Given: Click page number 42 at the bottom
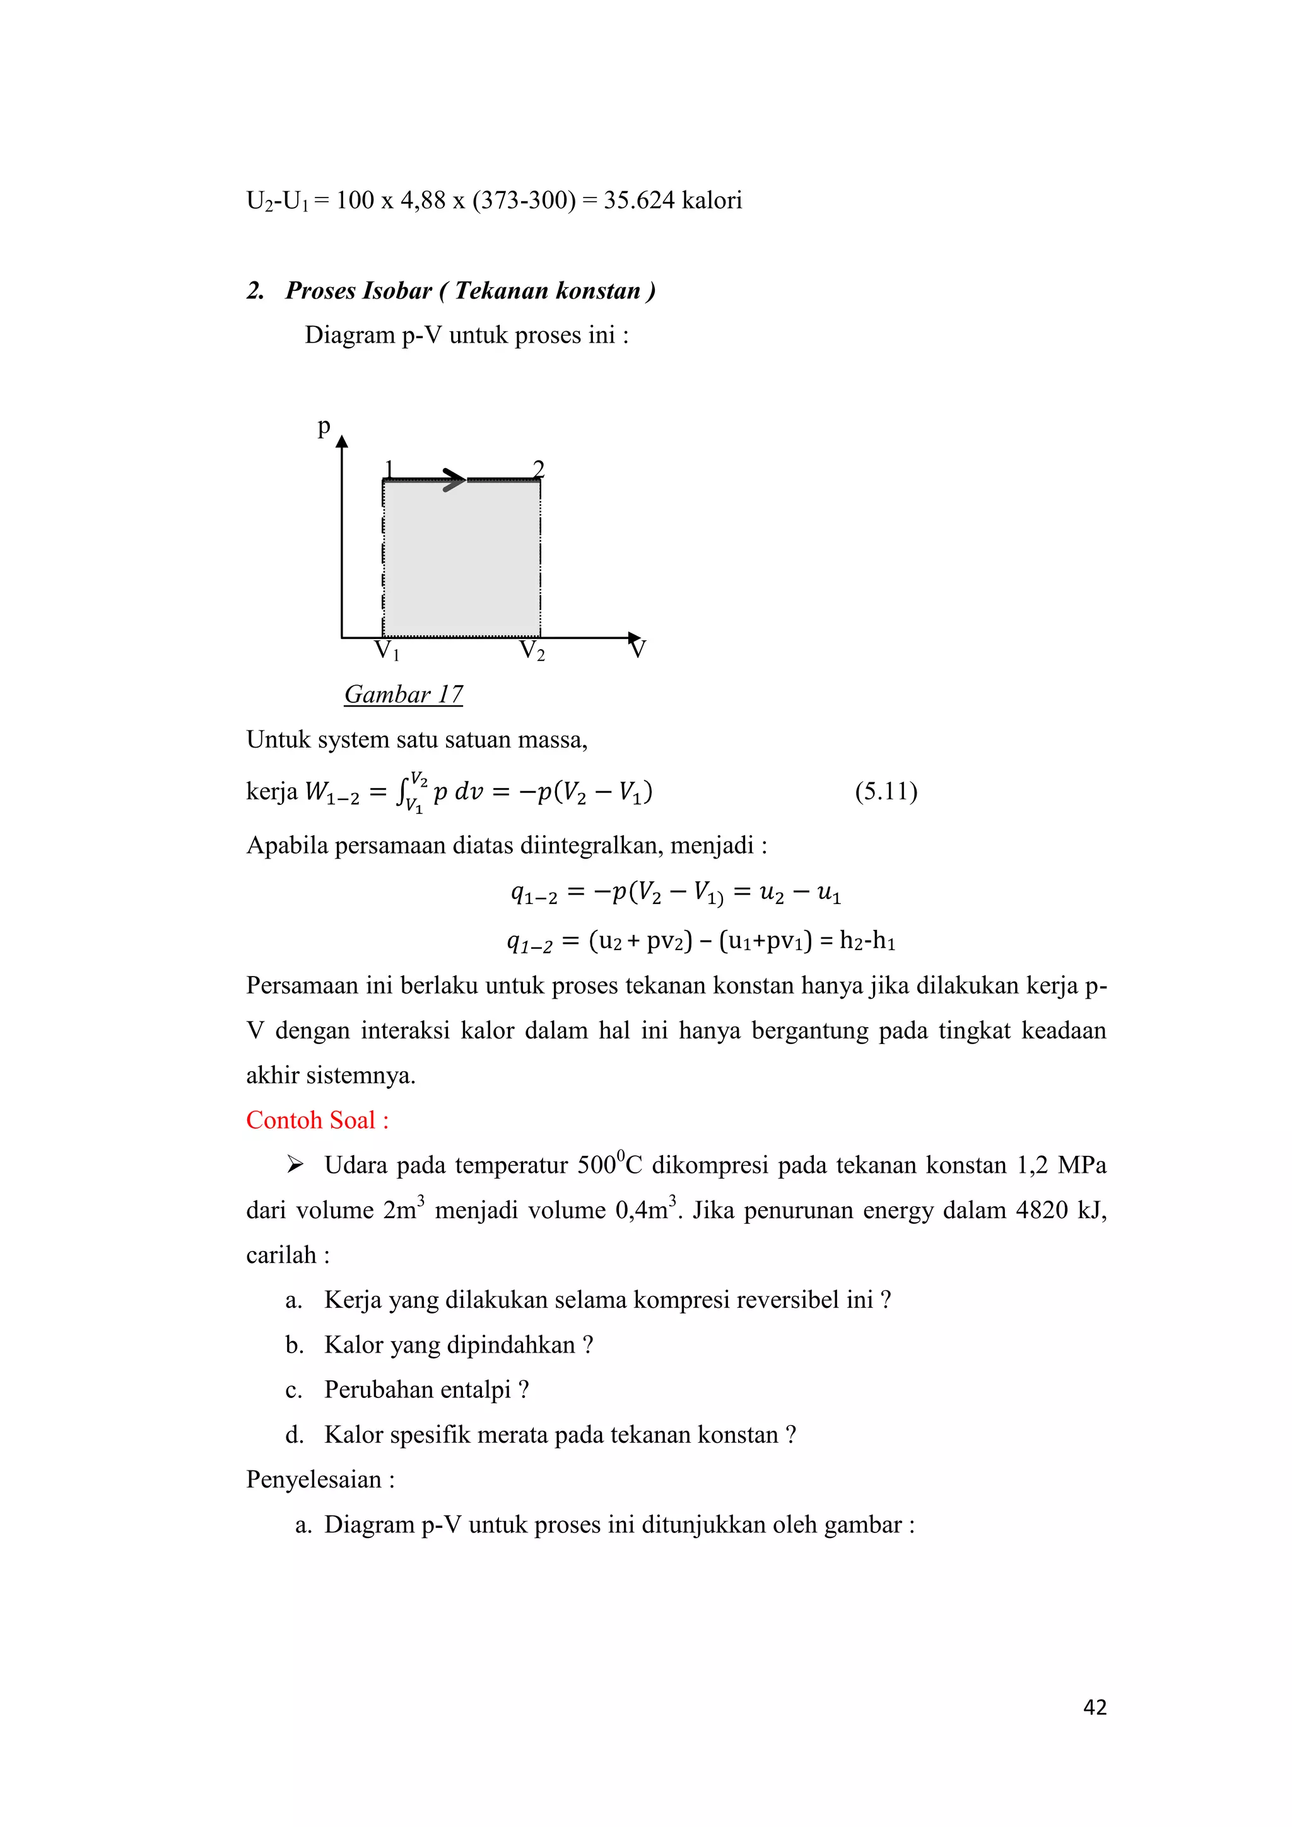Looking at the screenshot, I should click(x=1095, y=1707).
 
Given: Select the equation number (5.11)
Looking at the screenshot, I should click(x=886, y=791).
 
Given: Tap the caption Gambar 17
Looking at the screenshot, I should click(x=403, y=694).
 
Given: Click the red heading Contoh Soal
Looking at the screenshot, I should click(x=317, y=1120).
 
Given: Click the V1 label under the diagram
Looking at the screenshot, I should click(x=387, y=651).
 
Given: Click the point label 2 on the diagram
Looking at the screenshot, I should click(x=539, y=468).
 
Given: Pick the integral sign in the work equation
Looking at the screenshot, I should click(x=402, y=792).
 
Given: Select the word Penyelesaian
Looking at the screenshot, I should click(x=314, y=1479).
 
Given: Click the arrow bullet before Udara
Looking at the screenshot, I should click(x=295, y=1165).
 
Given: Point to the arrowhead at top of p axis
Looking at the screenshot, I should click(x=342, y=442).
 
